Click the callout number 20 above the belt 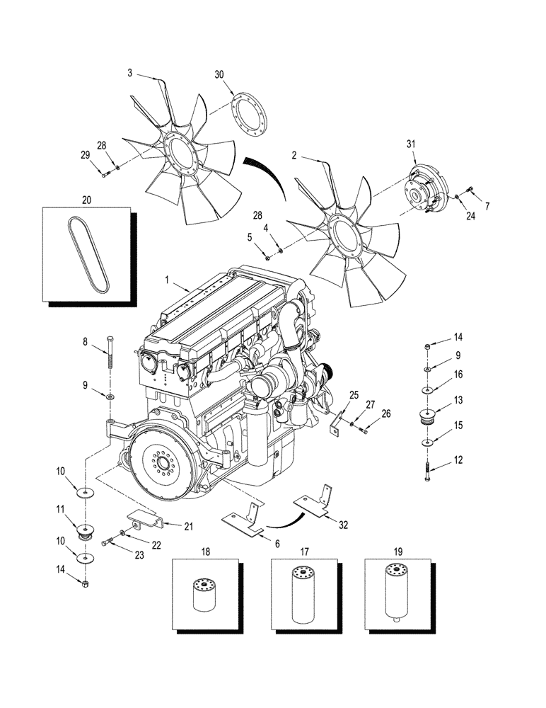86,200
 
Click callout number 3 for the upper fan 130,72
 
